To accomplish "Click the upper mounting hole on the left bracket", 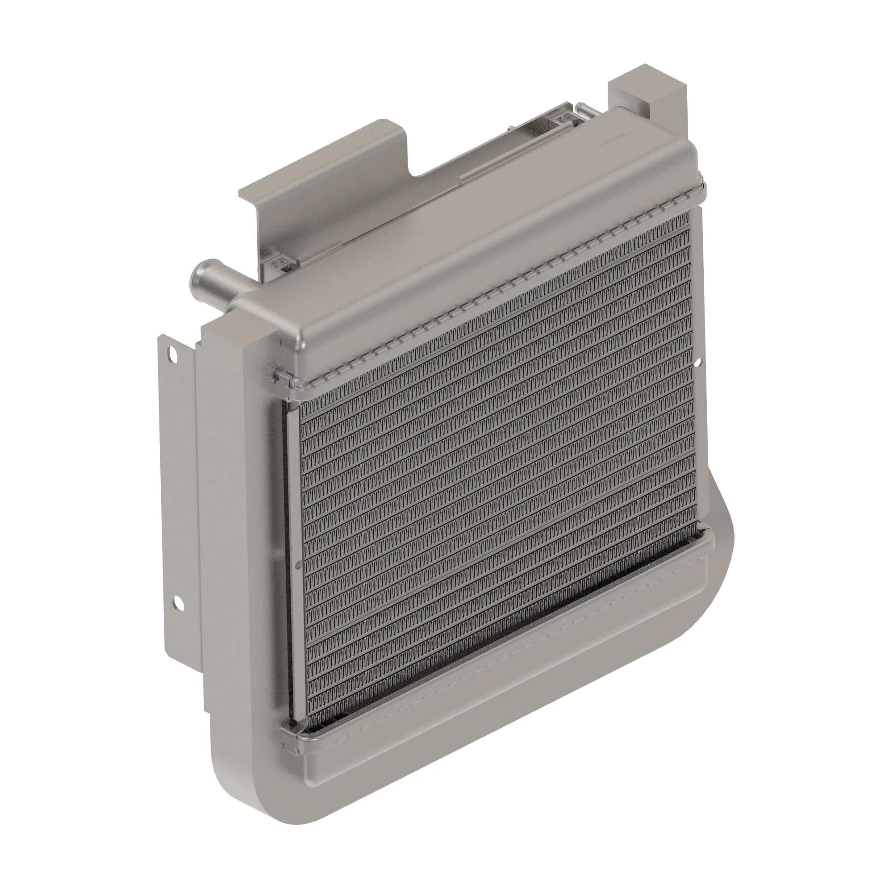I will (173, 355).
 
